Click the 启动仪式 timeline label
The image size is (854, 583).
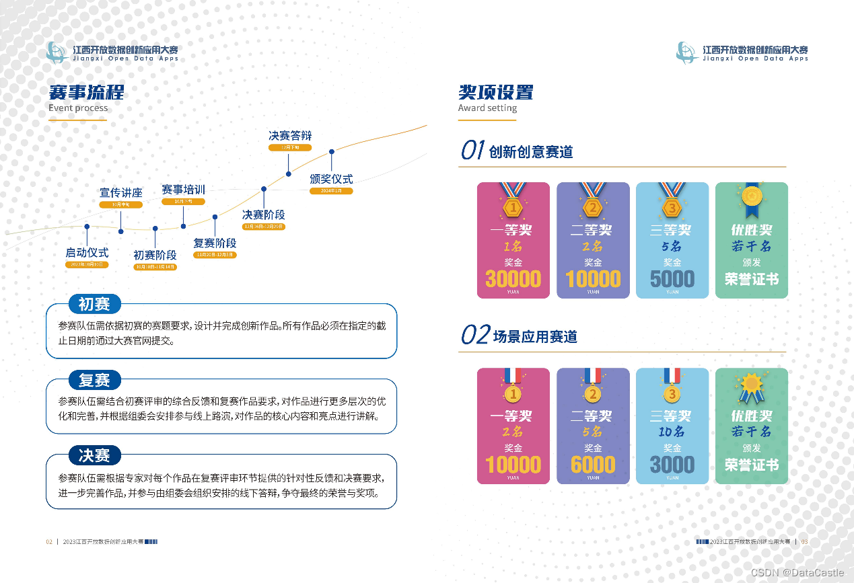pyautogui.click(x=87, y=253)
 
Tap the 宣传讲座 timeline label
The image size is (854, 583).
pyautogui.click(x=121, y=193)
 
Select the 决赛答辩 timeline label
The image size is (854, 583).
pyautogui.click(x=290, y=136)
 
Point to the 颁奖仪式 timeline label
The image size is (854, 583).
pyautogui.click(x=331, y=180)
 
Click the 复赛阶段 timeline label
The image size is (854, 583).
pyautogui.click(x=215, y=243)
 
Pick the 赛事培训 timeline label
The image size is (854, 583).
pyautogui.click(x=183, y=190)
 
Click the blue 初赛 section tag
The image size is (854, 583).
pyautogui.click(x=94, y=305)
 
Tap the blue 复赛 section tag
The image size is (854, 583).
pyautogui.click(x=94, y=380)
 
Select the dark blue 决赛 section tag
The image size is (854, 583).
pyautogui.click(x=94, y=455)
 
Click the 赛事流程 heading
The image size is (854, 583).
pyautogui.click(x=86, y=92)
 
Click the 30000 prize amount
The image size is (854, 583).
pyautogui.click(x=513, y=278)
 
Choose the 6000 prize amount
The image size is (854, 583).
pyautogui.click(x=593, y=465)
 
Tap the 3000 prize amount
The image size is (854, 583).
pyautogui.click(x=672, y=465)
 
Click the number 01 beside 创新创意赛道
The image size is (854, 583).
pyautogui.click(x=472, y=151)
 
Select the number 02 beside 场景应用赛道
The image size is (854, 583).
pyautogui.click(x=474, y=335)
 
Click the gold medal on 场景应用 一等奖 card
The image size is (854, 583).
pyautogui.click(x=513, y=393)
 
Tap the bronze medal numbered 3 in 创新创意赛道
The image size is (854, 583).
pyautogui.click(x=672, y=206)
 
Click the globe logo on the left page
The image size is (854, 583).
pyautogui.click(x=57, y=52)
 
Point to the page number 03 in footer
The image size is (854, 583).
pyautogui.click(x=804, y=542)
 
